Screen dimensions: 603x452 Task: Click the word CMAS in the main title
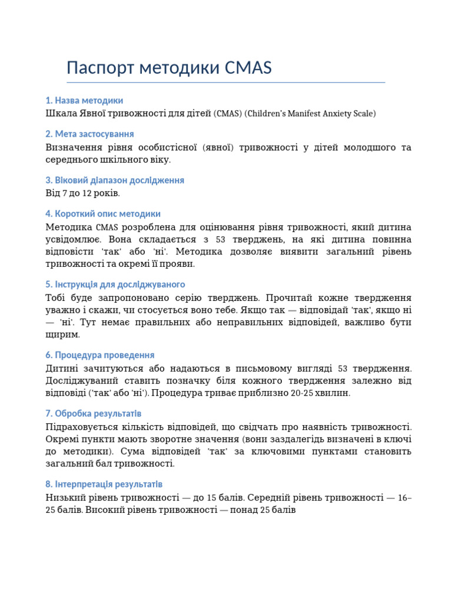pyautogui.click(x=248, y=68)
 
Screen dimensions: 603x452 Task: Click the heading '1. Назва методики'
pyautogui.click(x=84, y=101)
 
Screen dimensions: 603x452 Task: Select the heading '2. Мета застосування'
pyautogui.click(x=89, y=134)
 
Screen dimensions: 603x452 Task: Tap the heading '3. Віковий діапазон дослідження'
pyautogui.click(x=115, y=180)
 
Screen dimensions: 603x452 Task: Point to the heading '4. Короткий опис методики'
pyautogui.click(x=103, y=214)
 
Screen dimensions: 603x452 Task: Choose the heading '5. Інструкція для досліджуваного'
pyautogui.click(x=115, y=284)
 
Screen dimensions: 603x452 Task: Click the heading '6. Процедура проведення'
pyautogui.click(x=100, y=355)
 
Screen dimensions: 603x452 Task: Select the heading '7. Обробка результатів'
pyautogui.click(x=94, y=414)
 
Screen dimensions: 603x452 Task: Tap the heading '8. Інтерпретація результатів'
pyautogui.click(x=104, y=485)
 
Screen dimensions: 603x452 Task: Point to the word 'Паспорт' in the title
pyautogui.click(x=101, y=68)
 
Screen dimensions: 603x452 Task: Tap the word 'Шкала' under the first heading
pyautogui.click(x=60, y=113)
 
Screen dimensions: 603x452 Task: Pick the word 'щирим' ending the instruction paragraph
pyautogui.click(x=62, y=334)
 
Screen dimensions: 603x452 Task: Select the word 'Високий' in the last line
pyautogui.click(x=105, y=510)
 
